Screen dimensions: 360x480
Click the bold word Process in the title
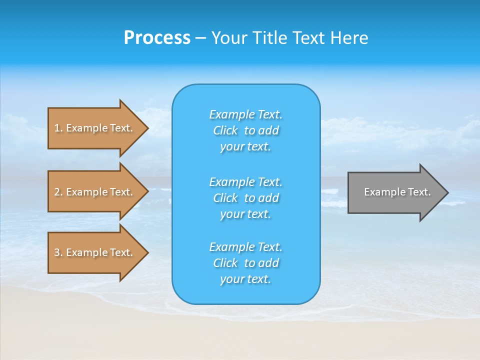coord(157,38)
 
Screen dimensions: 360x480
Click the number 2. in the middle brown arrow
coord(58,192)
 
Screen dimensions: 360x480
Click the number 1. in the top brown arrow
coord(58,128)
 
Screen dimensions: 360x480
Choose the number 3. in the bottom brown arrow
coord(58,252)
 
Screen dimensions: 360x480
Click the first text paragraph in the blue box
coord(245,130)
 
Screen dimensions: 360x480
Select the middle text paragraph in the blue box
coord(245,198)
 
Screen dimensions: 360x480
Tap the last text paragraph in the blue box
coord(245,263)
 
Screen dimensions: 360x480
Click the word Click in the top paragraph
coord(225,130)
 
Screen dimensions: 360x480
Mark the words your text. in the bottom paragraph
coord(245,279)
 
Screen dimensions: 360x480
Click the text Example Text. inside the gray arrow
coord(397,192)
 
